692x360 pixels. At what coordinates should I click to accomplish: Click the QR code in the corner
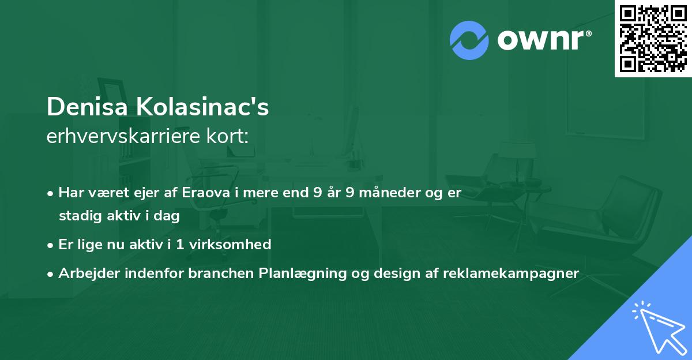click(x=653, y=39)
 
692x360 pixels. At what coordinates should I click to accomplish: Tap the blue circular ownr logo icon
click(x=469, y=40)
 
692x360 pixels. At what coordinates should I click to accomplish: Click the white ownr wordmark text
click(x=540, y=40)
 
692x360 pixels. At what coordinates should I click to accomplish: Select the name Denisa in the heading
click(x=87, y=107)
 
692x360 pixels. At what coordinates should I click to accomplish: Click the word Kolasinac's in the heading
click(x=202, y=107)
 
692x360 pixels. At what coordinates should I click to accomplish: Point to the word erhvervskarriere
click(x=123, y=136)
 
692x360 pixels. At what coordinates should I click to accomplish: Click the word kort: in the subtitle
click(x=228, y=136)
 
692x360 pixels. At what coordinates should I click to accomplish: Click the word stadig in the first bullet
click(x=80, y=216)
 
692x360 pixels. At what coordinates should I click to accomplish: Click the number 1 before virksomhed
click(x=180, y=245)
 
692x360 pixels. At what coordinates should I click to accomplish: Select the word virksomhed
click(x=230, y=245)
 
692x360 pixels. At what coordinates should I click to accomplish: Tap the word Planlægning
click(x=303, y=273)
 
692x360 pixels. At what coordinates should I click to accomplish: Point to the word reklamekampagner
click(x=511, y=273)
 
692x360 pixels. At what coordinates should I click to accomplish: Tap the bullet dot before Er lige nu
click(x=50, y=246)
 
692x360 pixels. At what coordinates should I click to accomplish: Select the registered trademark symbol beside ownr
click(x=588, y=33)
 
